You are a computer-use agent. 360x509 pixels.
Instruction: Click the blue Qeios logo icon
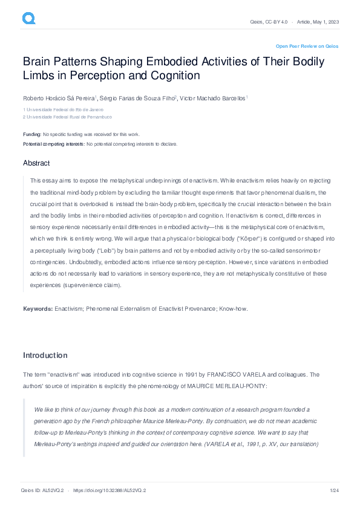[29, 19]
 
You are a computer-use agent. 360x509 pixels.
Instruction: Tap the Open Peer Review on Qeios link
[307, 46]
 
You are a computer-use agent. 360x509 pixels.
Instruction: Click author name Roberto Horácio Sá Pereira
[58, 98]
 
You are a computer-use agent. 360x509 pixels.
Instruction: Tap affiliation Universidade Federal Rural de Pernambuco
[69, 117]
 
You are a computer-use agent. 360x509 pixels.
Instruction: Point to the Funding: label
[32, 134]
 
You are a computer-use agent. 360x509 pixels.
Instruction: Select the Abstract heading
[36, 163]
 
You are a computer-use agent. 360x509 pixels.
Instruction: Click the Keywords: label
[38, 309]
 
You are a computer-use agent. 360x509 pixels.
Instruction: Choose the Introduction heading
[45, 355]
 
